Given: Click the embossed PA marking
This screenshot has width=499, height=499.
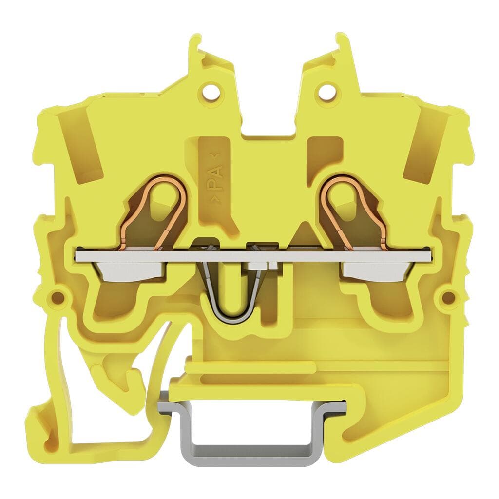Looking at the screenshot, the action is [x=215, y=178].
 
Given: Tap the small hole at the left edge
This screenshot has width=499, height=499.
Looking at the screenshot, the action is [x=58, y=298].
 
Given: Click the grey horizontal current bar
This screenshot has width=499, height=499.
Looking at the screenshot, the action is [x=253, y=256].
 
